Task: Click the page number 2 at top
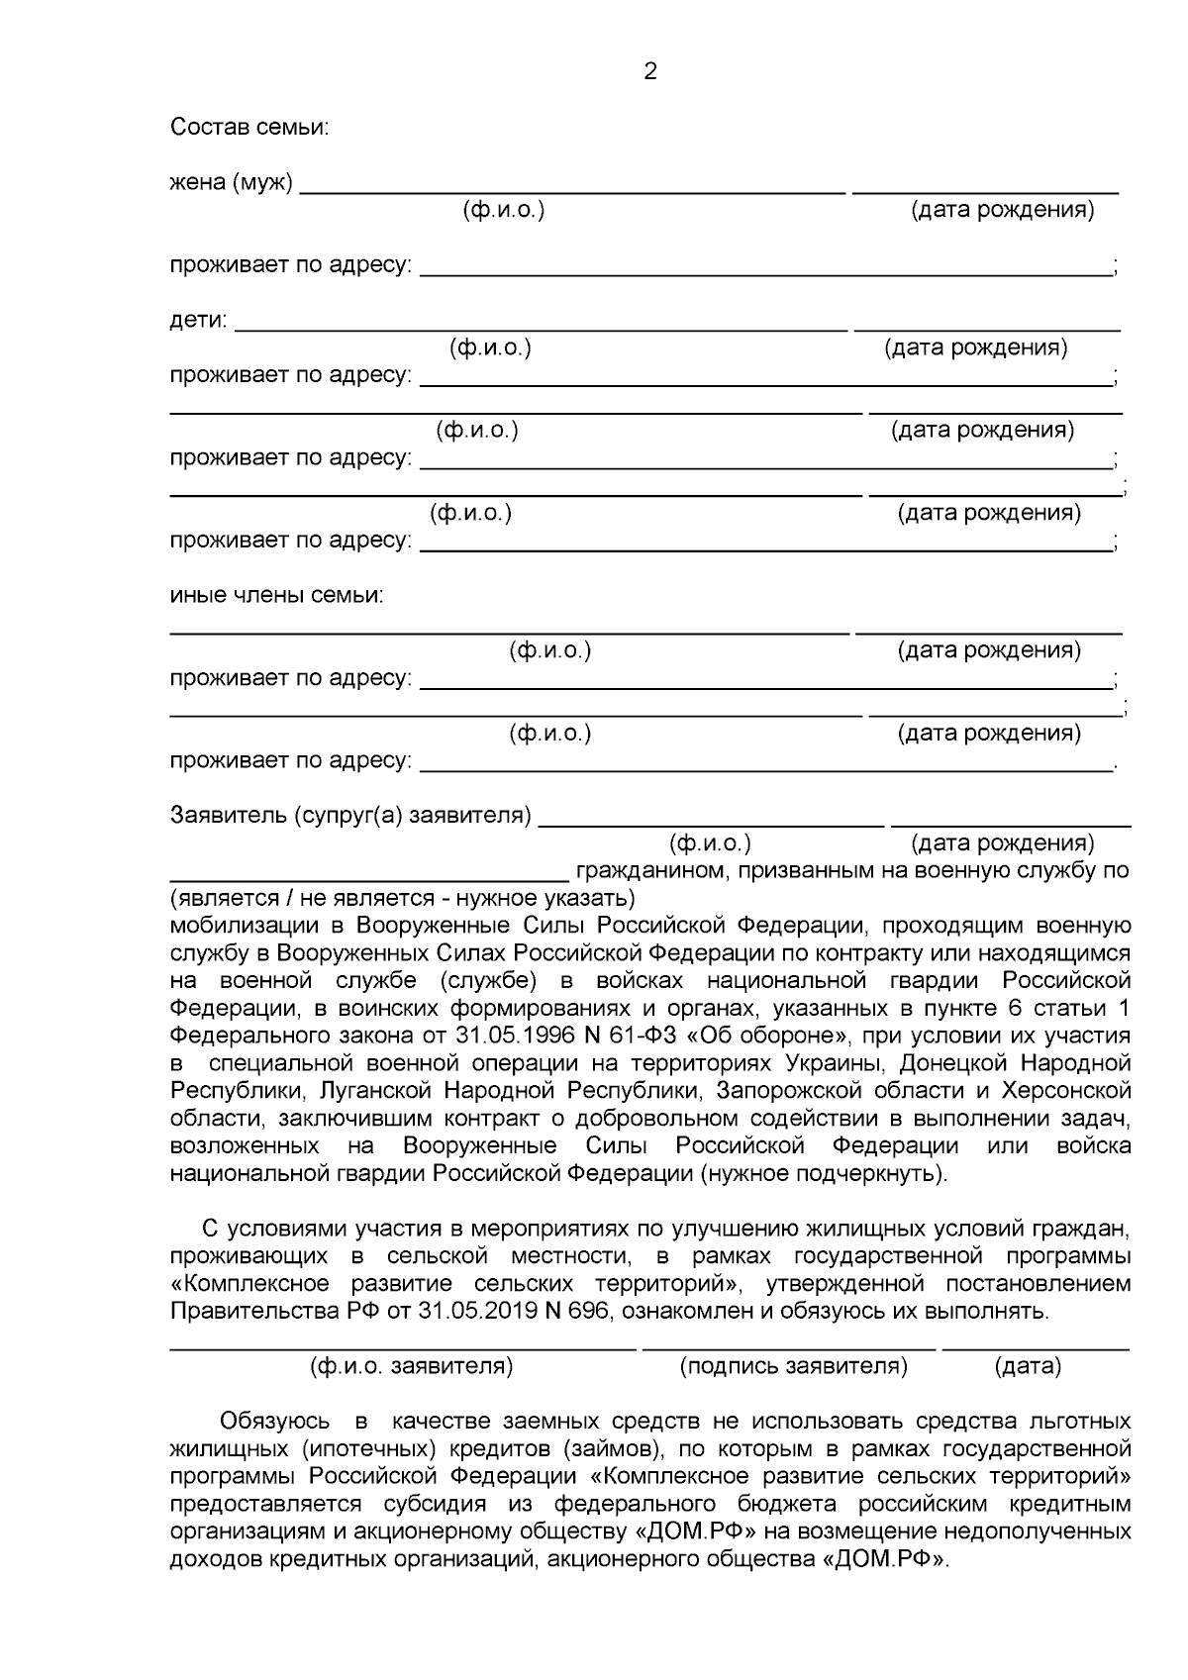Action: [x=650, y=71]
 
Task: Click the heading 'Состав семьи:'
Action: [x=249, y=127]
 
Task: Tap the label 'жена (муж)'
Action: [x=232, y=183]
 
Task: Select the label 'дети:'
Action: [x=198, y=321]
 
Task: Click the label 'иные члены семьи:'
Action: [x=276, y=595]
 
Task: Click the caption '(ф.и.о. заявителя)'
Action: [x=411, y=1366]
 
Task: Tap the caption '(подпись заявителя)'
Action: [x=793, y=1366]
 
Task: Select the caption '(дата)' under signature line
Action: [x=1027, y=1366]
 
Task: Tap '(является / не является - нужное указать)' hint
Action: [x=402, y=898]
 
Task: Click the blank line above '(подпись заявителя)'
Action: [x=788, y=1346]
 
